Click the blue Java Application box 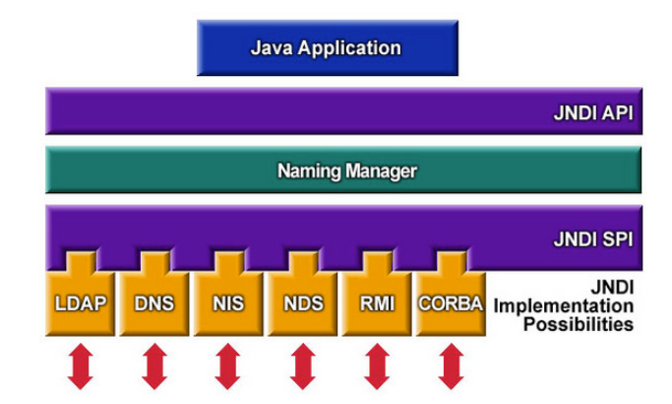(x=328, y=47)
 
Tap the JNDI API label (x=593, y=113)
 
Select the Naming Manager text (x=346, y=170)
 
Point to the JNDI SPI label (x=593, y=239)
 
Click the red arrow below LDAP (x=80, y=367)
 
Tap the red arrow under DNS (x=154, y=367)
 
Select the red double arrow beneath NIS (x=227, y=367)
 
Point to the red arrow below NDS (x=303, y=367)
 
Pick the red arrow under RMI (x=377, y=367)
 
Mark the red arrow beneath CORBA (x=451, y=367)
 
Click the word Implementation (x=564, y=306)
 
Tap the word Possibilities (x=579, y=324)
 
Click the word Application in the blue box (x=349, y=48)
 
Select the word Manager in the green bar (x=382, y=171)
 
